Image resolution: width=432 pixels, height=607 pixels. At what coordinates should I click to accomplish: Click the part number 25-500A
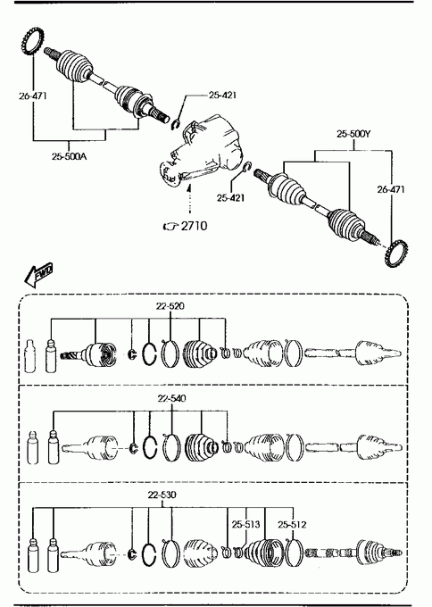70,156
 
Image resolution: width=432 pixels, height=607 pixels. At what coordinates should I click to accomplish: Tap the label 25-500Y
353,134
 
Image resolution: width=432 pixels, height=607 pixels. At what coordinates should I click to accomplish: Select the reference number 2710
194,225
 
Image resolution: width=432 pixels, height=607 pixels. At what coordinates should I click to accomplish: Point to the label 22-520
170,306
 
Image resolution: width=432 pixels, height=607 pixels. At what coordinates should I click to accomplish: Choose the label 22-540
171,398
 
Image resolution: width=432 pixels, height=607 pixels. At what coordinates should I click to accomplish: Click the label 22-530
162,495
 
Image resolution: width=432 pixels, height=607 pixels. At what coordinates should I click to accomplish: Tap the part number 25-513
246,524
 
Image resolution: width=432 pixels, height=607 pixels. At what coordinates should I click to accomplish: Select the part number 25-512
292,524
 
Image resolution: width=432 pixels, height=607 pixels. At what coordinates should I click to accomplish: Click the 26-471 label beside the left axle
32,96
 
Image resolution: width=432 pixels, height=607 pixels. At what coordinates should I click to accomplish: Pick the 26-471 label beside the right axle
391,189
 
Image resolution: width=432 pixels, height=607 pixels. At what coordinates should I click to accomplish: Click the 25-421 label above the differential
222,95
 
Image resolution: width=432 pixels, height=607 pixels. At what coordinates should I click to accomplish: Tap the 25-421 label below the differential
230,198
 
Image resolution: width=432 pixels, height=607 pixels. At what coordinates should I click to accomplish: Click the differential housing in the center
202,151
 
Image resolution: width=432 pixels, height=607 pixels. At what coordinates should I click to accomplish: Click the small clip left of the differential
176,125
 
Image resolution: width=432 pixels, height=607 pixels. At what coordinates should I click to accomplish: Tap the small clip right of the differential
246,167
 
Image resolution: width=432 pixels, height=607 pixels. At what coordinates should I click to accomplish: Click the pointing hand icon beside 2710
170,226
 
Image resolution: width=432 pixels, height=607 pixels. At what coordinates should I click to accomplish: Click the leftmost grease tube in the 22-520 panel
30,356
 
